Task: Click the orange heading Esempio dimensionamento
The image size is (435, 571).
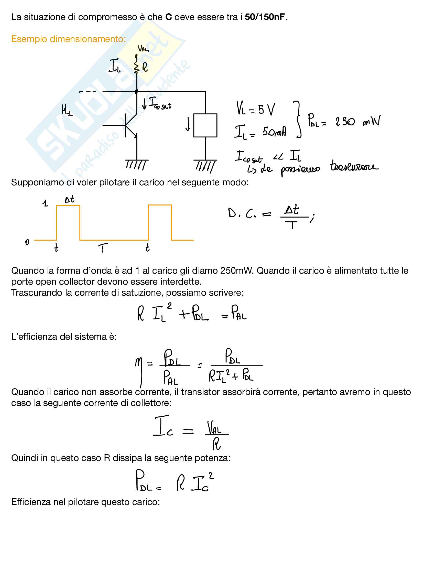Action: pyautogui.click(x=68, y=39)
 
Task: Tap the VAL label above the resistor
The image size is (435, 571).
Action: pyautogui.click(x=143, y=48)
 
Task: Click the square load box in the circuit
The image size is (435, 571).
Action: pyautogui.click(x=205, y=125)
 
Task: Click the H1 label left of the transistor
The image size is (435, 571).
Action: pyautogui.click(x=67, y=110)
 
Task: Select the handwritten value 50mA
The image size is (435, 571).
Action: pyautogui.click(x=274, y=132)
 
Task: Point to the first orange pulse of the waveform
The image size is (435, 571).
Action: pyautogui.click(x=68, y=222)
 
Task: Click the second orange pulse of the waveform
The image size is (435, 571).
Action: pyautogui.click(x=160, y=222)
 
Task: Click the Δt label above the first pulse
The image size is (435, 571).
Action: pyautogui.click(x=69, y=199)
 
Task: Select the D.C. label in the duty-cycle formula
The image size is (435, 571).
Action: pyautogui.click(x=242, y=213)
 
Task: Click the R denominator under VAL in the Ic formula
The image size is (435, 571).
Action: pyautogui.click(x=216, y=444)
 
